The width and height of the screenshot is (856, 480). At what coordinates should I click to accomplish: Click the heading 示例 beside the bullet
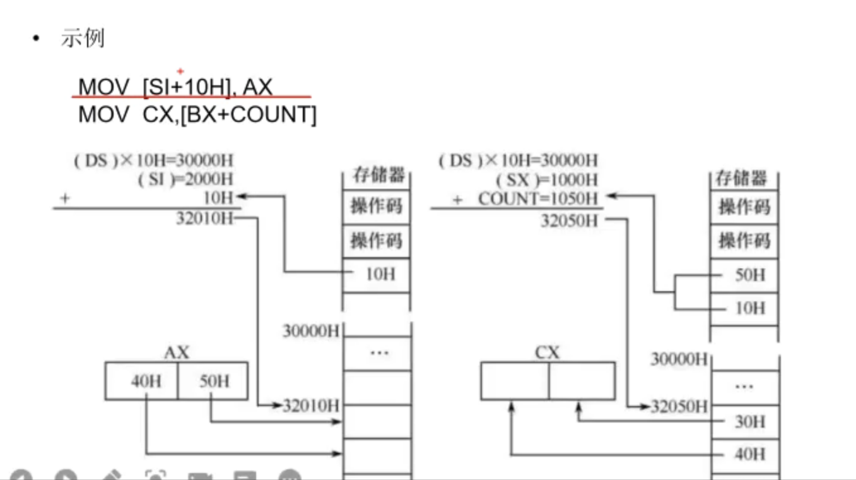click(82, 39)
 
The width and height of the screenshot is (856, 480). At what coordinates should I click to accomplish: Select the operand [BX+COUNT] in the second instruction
click(248, 115)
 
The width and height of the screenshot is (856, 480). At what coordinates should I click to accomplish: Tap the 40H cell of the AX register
click(145, 381)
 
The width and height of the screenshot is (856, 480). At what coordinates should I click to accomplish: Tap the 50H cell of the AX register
click(214, 381)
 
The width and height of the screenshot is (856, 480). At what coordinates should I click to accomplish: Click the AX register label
click(176, 352)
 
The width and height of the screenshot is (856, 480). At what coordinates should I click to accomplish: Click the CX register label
click(546, 352)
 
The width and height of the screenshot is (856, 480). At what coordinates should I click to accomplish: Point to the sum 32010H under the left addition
click(204, 219)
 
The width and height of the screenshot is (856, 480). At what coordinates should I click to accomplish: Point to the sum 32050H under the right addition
click(568, 220)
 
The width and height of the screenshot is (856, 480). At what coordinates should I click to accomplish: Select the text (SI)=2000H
click(185, 179)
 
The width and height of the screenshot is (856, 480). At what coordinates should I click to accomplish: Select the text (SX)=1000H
click(546, 179)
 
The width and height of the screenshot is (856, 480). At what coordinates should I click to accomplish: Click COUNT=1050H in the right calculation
click(537, 199)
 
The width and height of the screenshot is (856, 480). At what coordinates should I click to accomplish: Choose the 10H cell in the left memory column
click(376, 275)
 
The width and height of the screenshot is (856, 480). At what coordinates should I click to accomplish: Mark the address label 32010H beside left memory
click(311, 405)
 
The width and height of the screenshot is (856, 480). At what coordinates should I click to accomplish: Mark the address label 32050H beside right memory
click(679, 406)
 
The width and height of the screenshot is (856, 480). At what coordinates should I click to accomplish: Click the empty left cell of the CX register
click(515, 381)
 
